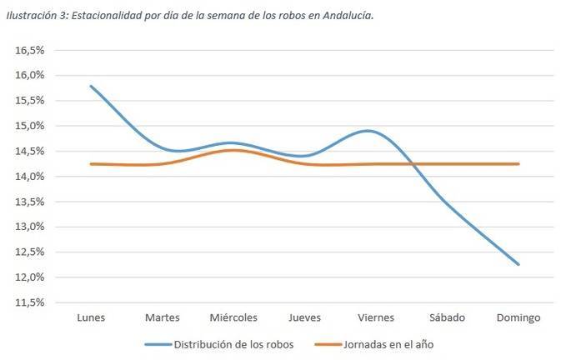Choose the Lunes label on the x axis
click(x=90, y=317)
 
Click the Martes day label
click(x=162, y=317)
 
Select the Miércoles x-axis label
click(x=233, y=317)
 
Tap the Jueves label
click(x=304, y=317)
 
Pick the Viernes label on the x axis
click(x=376, y=317)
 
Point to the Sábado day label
click(x=448, y=317)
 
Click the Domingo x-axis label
click(x=518, y=317)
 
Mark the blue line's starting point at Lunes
click(x=90, y=86)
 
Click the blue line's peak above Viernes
click(x=369, y=131)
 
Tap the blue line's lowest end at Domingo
click(x=518, y=264)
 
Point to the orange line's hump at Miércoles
click(x=233, y=150)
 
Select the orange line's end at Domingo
click(x=518, y=164)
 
